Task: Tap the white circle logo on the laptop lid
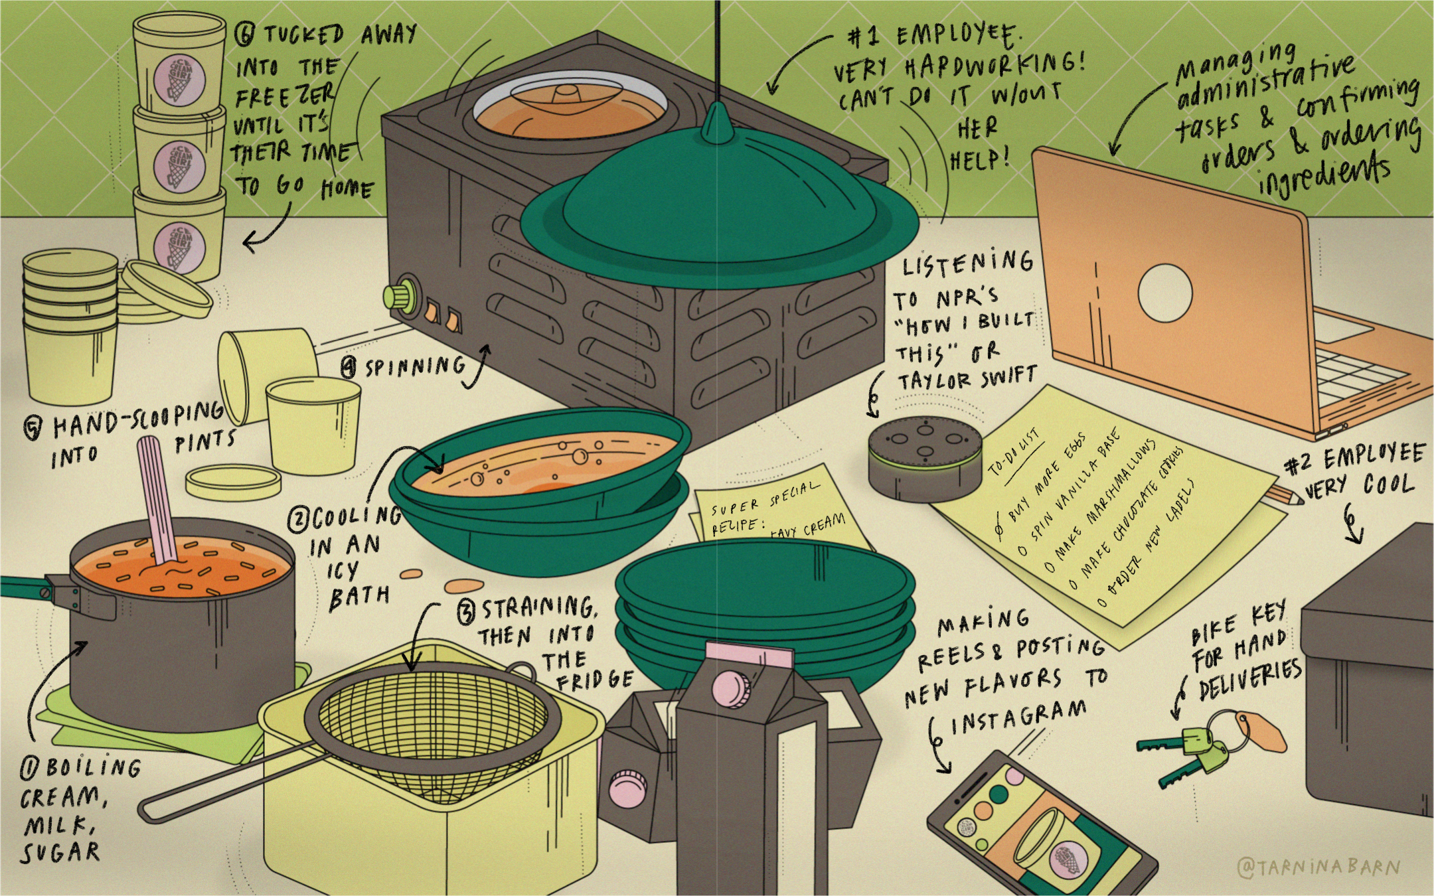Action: tap(1164, 292)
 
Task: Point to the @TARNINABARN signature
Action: tap(1318, 867)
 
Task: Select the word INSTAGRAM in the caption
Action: tap(1019, 717)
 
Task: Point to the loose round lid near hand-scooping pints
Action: tap(232, 482)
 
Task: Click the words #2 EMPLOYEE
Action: tap(1354, 459)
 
